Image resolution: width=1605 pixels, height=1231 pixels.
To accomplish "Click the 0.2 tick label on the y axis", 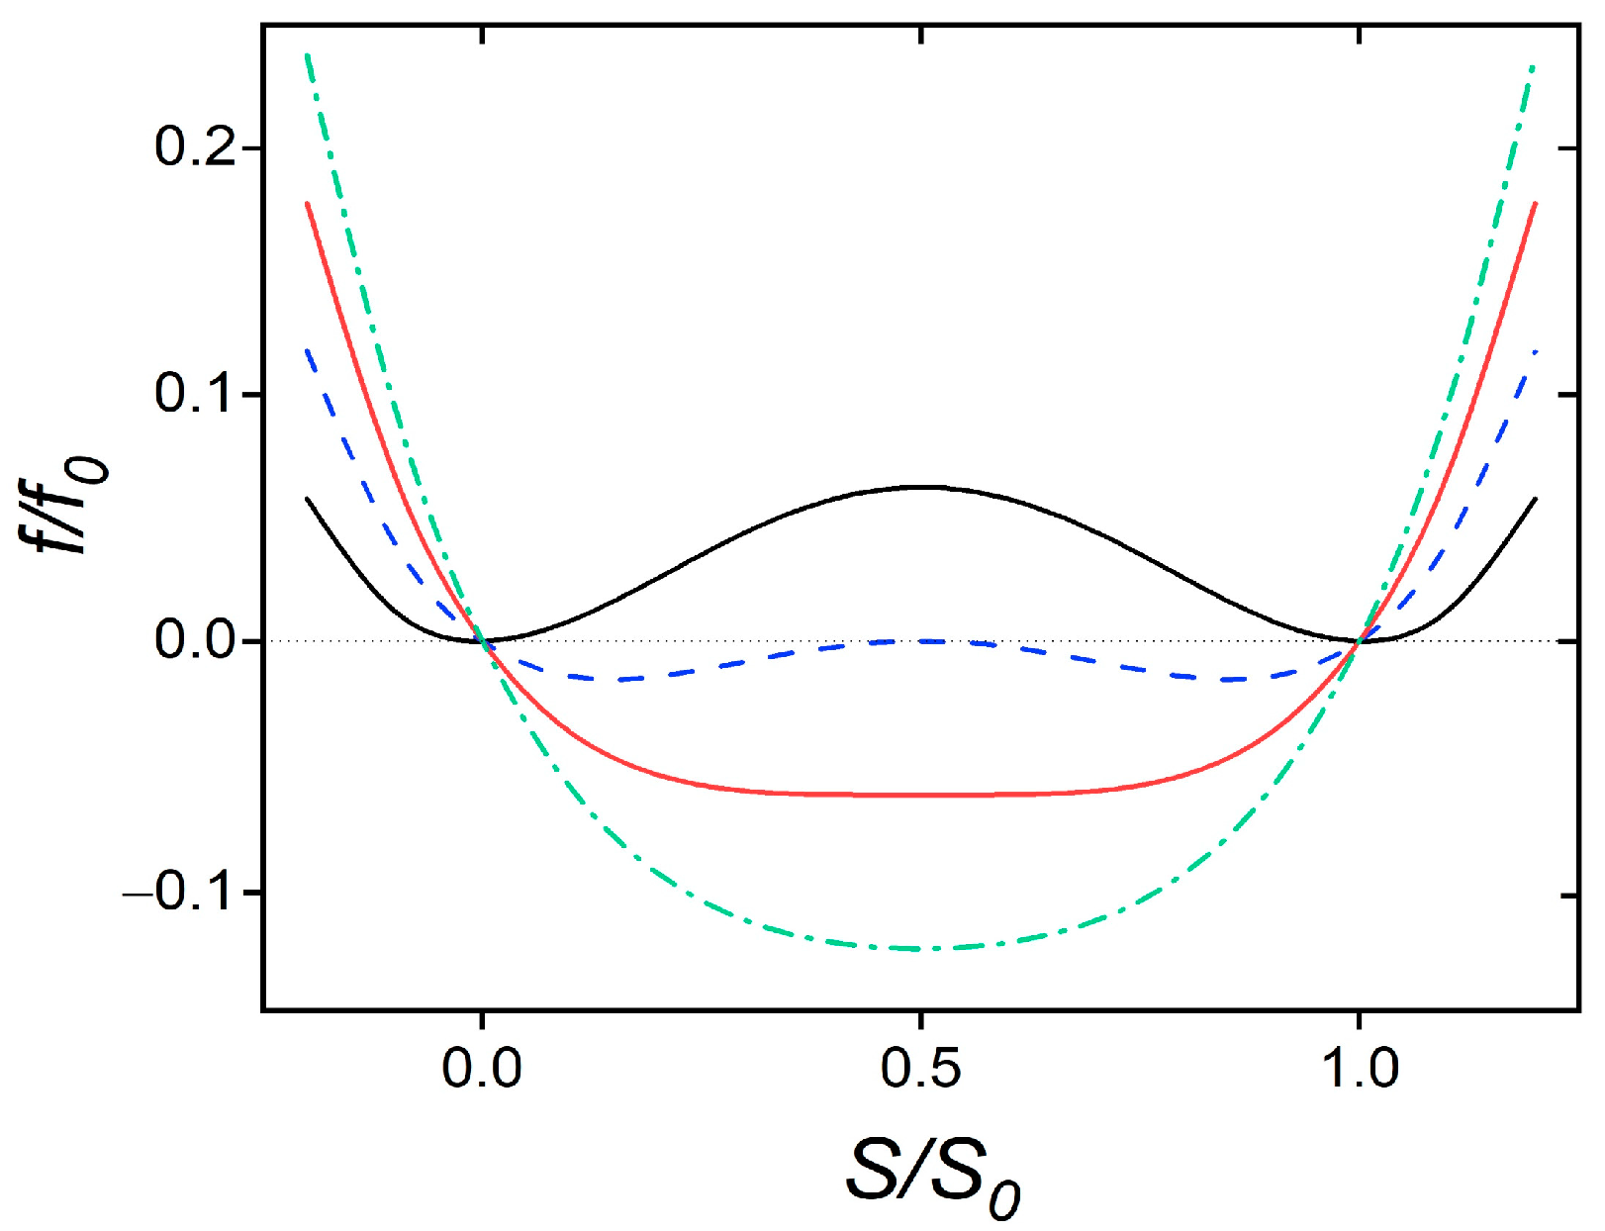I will click(x=195, y=147).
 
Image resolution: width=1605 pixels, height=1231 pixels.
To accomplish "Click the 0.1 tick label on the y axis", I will click(x=195, y=394).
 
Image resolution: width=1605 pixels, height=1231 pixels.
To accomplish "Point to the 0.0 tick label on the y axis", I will click(x=195, y=641).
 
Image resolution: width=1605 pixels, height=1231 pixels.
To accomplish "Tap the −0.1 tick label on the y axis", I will click(x=180, y=893).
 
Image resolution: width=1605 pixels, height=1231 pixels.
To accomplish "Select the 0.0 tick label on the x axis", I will click(x=481, y=1069).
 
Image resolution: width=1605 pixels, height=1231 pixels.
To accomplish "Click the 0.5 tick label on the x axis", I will click(x=921, y=1069).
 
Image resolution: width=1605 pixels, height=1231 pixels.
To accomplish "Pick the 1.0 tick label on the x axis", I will click(x=1361, y=1069).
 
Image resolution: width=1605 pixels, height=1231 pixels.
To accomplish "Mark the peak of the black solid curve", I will click(x=922, y=487).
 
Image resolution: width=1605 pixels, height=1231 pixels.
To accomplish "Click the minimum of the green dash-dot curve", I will click(x=922, y=949).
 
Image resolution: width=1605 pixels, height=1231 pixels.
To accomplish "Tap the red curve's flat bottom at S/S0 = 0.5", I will click(x=922, y=795).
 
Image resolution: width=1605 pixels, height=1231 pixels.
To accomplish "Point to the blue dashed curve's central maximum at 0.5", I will click(x=922, y=641).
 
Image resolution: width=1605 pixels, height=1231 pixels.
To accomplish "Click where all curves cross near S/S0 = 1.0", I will click(x=1361, y=640).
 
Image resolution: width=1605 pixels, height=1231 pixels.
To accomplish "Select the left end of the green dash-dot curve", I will click(x=308, y=54).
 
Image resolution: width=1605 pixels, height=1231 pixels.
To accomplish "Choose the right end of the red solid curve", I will click(x=1535, y=203).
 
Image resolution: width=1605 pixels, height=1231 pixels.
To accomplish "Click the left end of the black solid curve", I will click(x=308, y=499).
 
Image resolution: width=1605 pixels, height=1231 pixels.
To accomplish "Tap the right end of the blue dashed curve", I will click(x=1535, y=351).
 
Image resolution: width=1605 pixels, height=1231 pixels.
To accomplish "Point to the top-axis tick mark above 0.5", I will click(x=922, y=35).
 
